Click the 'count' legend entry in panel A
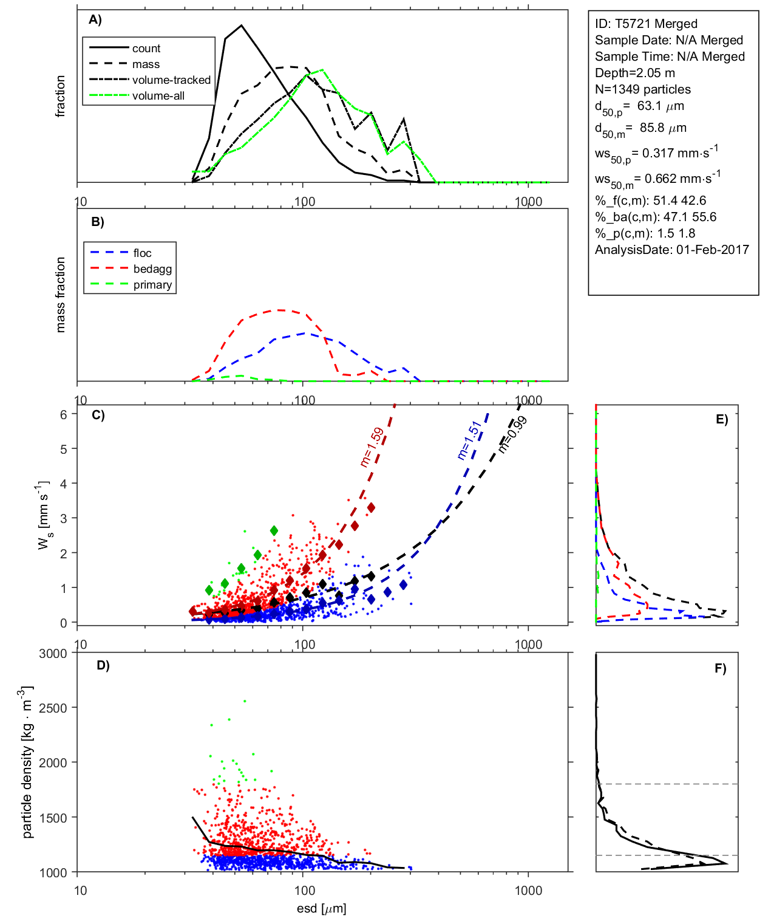coord(146,49)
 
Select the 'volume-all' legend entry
coord(158,96)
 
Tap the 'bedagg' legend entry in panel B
coord(152,269)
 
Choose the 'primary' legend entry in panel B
coord(152,285)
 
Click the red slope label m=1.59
coord(372,447)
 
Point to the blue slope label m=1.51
coord(469,440)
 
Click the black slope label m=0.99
coord(512,434)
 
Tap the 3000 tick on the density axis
coord(53,654)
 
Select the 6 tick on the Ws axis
coord(63,414)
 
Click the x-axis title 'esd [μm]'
coord(321,908)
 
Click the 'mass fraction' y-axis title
coord(60,295)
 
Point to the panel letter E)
coord(721,419)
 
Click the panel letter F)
coord(720,668)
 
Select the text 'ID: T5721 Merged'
coord(646,24)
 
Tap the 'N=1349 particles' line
coord(642,89)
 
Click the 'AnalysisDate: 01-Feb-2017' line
coord(671,250)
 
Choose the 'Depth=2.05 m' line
coord(634,73)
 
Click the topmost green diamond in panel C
coord(274,531)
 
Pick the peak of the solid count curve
coord(242,26)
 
